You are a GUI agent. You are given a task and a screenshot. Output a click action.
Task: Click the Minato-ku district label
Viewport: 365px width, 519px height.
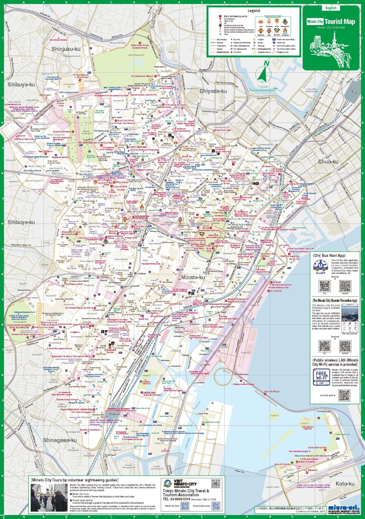point(193,277)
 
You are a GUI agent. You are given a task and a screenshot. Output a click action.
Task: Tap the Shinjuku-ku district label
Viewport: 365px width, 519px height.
point(66,49)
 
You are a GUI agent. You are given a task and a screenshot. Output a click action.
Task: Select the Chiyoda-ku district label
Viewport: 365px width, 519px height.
point(213,91)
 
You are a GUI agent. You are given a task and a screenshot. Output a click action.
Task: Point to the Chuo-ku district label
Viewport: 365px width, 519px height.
point(328,162)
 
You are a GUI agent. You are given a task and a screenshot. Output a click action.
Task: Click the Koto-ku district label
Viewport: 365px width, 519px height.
point(345,484)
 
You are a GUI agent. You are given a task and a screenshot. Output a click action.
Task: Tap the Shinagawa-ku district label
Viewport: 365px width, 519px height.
point(60,440)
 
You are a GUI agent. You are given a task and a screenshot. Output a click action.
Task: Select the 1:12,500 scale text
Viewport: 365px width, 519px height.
point(263,87)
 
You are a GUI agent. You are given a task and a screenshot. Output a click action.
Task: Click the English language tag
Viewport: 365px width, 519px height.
point(331,8)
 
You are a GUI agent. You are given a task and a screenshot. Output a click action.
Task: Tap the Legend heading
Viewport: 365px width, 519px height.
point(254,11)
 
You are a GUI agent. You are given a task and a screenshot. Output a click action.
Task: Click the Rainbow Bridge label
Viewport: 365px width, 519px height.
point(272,392)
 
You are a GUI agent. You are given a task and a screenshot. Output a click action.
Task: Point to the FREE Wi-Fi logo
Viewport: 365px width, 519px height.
point(321,377)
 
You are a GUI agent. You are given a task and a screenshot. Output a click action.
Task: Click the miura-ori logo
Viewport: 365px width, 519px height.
point(343,508)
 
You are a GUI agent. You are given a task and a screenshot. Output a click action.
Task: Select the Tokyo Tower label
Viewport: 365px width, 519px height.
point(199,217)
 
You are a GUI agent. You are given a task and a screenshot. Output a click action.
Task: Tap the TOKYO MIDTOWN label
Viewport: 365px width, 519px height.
point(138,147)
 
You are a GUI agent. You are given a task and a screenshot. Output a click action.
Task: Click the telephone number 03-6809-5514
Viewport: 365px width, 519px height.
point(176,499)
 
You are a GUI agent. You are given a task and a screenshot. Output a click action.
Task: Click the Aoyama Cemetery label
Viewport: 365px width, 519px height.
point(62,132)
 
